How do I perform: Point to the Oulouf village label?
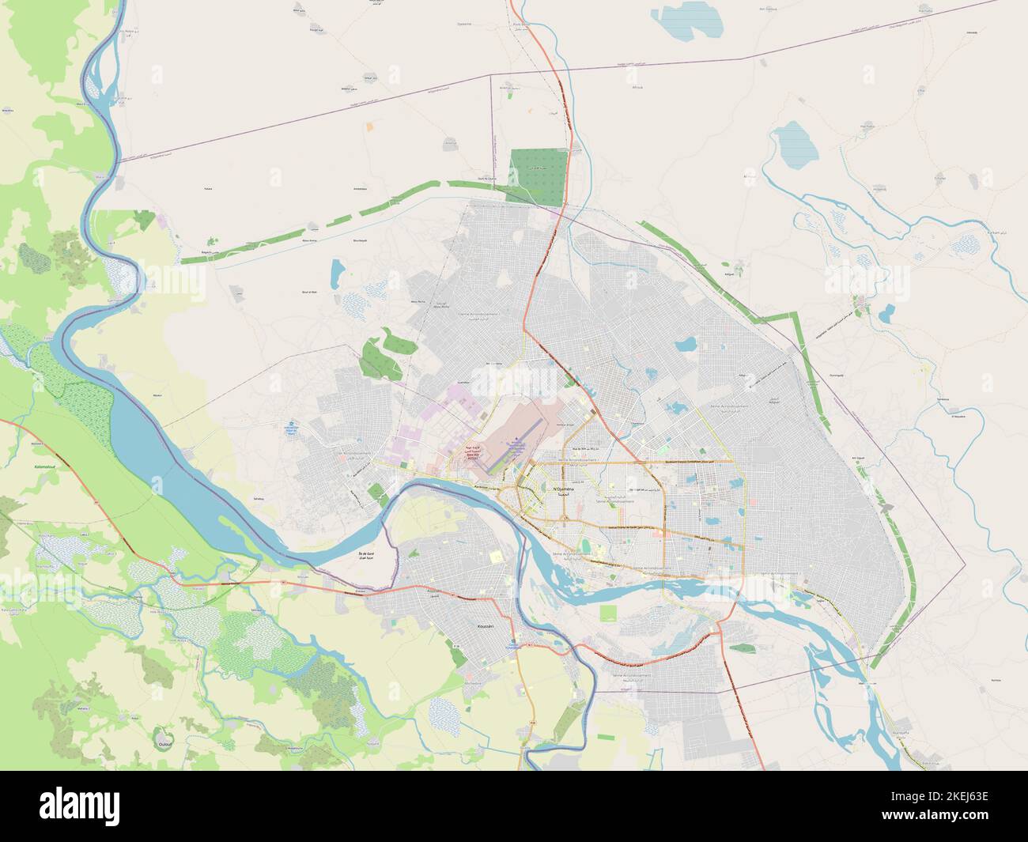point(165,744)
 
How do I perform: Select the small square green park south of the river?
point(608,613)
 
